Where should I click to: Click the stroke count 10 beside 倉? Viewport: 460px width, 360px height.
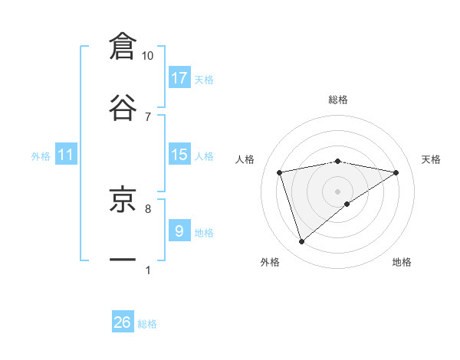coord(148,56)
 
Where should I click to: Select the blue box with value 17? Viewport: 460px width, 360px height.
coord(179,78)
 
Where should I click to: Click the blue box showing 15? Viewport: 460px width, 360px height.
coord(179,155)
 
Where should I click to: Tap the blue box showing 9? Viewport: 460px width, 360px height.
coord(179,231)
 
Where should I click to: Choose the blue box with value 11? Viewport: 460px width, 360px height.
coord(66,155)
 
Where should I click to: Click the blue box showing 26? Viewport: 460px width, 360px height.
coord(123,322)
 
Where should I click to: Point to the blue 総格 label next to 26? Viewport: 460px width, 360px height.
coord(147,324)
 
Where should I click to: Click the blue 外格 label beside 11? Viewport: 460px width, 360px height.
coord(41,156)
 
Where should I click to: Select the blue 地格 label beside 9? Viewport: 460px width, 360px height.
coord(204,233)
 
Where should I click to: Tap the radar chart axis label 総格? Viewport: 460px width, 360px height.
coord(338,100)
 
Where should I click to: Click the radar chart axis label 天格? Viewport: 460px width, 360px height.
coord(431,159)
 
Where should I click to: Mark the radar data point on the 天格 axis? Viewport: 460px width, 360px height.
coord(396,172)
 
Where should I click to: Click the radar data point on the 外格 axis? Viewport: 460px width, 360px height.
coord(301,242)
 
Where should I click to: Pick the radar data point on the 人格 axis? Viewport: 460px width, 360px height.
coord(280,172)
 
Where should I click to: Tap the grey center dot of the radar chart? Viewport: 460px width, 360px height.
coord(338,191)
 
